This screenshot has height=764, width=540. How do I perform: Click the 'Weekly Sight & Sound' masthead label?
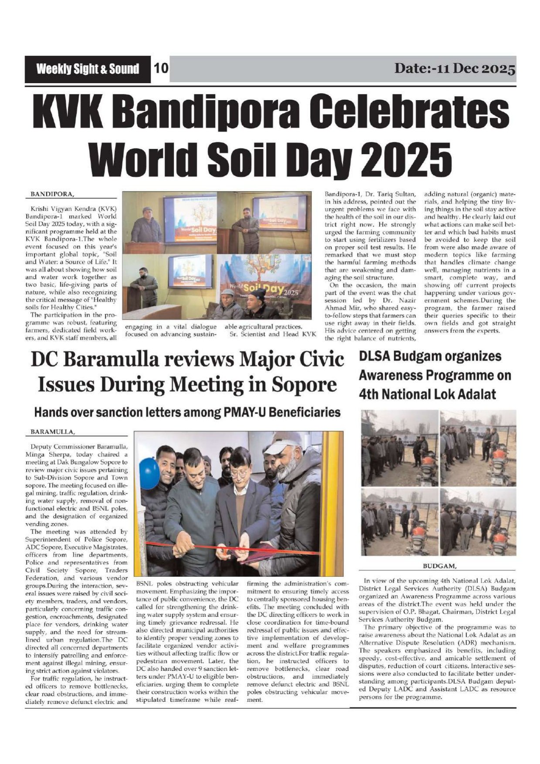88,69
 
